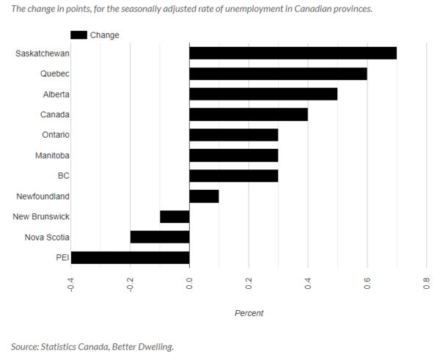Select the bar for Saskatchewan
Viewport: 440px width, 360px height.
click(293, 53)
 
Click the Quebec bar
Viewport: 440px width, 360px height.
click(278, 73)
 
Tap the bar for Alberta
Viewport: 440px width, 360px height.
click(263, 94)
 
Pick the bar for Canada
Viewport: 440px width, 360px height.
click(249, 114)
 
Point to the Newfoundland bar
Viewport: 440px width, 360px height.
click(204, 196)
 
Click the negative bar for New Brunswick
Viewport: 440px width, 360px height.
click(175, 216)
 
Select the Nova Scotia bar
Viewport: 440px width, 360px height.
click(160, 237)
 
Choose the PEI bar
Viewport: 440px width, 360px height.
click(130, 257)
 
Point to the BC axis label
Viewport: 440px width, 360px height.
click(63, 176)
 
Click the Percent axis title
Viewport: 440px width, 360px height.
click(249, 313)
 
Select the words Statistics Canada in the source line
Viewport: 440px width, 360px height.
click(78, 346)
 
